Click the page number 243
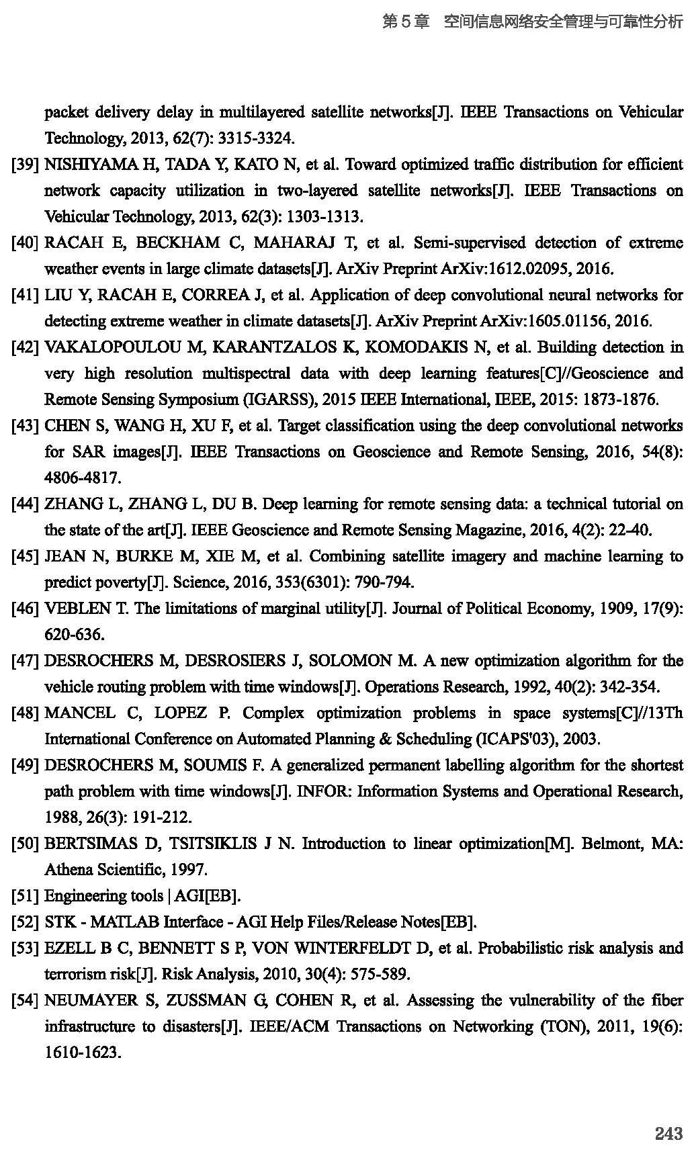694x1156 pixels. click(668, 1134)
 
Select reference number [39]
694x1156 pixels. click(24, 165)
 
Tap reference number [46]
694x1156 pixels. click(24, 609)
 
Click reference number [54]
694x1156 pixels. click(24, 1001)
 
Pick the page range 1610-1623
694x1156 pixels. click(83, 1053)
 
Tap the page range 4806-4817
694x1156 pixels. click(83, 478)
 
